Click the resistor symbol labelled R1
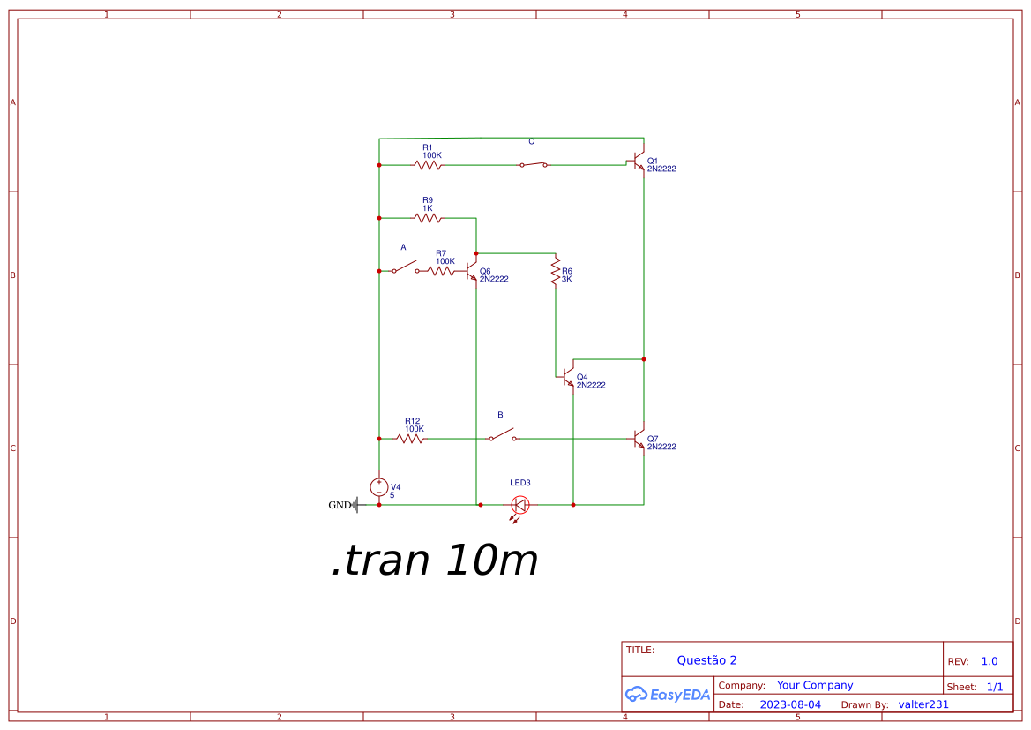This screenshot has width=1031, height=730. click(428, 165)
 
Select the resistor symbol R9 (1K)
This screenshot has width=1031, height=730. click(428, 218)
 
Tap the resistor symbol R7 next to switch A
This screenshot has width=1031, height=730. click(442, 271)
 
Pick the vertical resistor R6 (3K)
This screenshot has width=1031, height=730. click(556, 272)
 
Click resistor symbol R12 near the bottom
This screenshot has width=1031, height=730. click(410, 439)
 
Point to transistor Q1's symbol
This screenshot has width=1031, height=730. click(639, 164)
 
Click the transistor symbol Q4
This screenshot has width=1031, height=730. click(569, 377)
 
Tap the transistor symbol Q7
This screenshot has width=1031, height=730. click(639, 439)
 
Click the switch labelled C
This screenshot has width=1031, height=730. click(533, 164)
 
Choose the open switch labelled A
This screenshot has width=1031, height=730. click(406, 267)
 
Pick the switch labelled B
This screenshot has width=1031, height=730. click(503, 435)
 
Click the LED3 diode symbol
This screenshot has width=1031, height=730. click(520, 505)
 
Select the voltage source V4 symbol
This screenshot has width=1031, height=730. click(379, 487)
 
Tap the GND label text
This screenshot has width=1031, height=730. click(340, 506)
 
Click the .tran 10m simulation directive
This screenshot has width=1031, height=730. click(435, 561)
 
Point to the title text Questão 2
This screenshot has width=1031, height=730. click(706, 660)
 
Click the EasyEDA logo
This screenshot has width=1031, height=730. click(668, 695)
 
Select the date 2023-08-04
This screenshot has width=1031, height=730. click(790, 704)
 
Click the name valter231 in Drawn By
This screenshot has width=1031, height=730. click(923, 704)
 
